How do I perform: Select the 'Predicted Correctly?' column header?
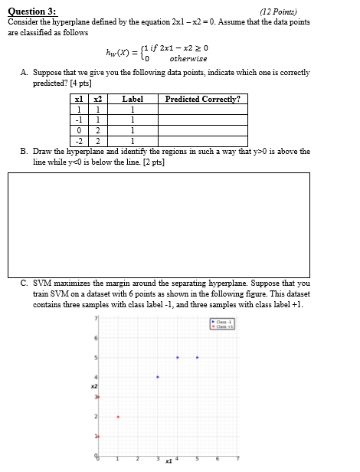coord(202,99)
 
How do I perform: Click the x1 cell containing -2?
coord(78,141)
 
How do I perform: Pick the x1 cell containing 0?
coord(78,130)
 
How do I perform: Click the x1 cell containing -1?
coord(78,120)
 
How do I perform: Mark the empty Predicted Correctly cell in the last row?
coord(202,141)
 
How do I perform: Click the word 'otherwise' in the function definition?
coord(188,58)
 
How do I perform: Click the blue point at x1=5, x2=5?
coord(198,357)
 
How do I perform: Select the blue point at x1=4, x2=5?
coord(178,357)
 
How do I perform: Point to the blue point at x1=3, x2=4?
coord(158,377)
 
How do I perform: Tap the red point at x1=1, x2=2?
coord(118,417)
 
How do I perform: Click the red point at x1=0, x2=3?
coord(98,397)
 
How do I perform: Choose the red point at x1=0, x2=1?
coord(98,437)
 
